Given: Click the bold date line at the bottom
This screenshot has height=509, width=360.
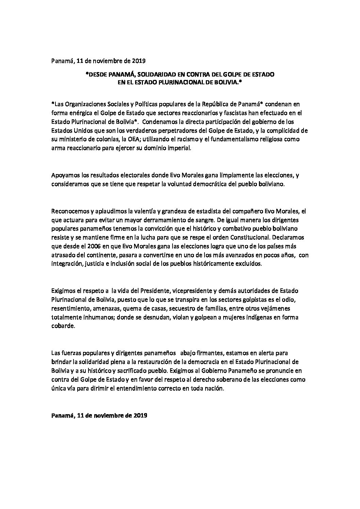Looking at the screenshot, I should tap(99, 415).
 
